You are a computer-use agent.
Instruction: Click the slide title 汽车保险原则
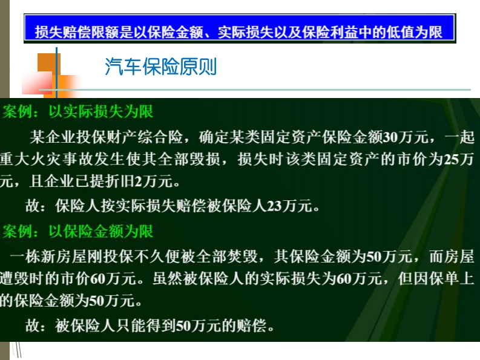(x=161, y=67)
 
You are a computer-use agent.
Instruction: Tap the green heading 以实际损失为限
(x=100, y=111)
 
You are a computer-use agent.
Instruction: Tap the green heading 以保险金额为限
(x=100, y=231)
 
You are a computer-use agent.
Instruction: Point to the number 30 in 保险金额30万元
(x=390, y=137)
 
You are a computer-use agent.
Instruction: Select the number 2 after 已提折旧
(x=139, y=182)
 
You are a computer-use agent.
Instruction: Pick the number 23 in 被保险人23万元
(x=274, y=206)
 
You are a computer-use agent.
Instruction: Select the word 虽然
(x=168, y=278)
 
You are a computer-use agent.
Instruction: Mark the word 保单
(x=443, y=278)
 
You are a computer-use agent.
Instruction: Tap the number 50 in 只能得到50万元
(x=183, y=326)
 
